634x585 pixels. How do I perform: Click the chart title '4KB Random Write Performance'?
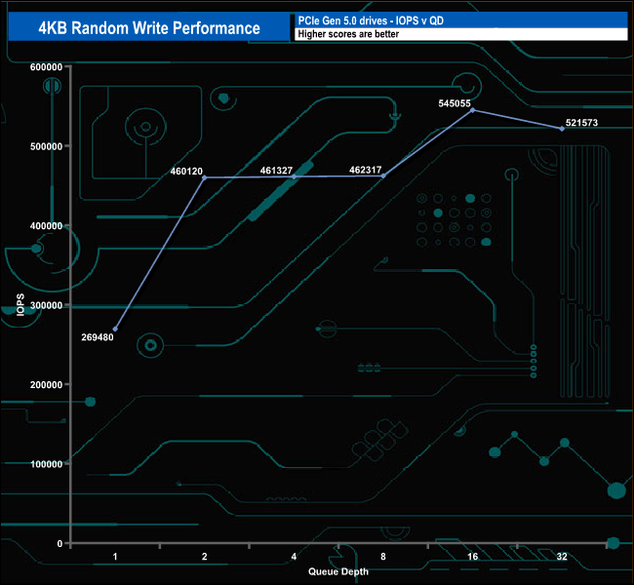point(148,27)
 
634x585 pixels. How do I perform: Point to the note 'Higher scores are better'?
point(348,34)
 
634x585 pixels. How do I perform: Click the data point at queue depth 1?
point(115,330)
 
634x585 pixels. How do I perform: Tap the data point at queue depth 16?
point(472,110)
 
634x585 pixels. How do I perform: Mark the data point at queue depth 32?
point(562,129)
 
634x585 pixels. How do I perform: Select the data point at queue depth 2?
point(204,177)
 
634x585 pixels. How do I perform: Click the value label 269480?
point(98,338)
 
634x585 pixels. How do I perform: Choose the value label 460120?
point(186,171)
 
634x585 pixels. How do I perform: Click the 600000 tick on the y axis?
point(47,66)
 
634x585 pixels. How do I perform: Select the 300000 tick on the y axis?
point(47,305)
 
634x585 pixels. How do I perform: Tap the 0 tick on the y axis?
point(59,543)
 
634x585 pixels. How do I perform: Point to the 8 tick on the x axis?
point(383,557)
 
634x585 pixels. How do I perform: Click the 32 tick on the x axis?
point(562,557)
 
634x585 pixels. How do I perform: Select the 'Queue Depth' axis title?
point(338,571)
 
